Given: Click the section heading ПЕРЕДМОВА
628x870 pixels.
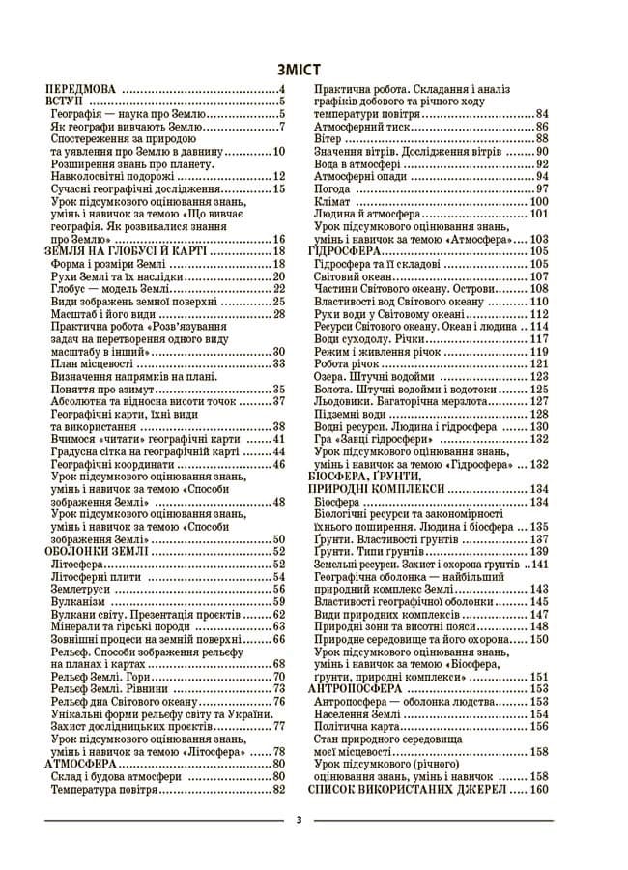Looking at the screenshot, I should point(83,88).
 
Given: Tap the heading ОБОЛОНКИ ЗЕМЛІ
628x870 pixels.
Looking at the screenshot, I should point(96,550).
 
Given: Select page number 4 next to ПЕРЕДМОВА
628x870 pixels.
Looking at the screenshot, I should point(280,88).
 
